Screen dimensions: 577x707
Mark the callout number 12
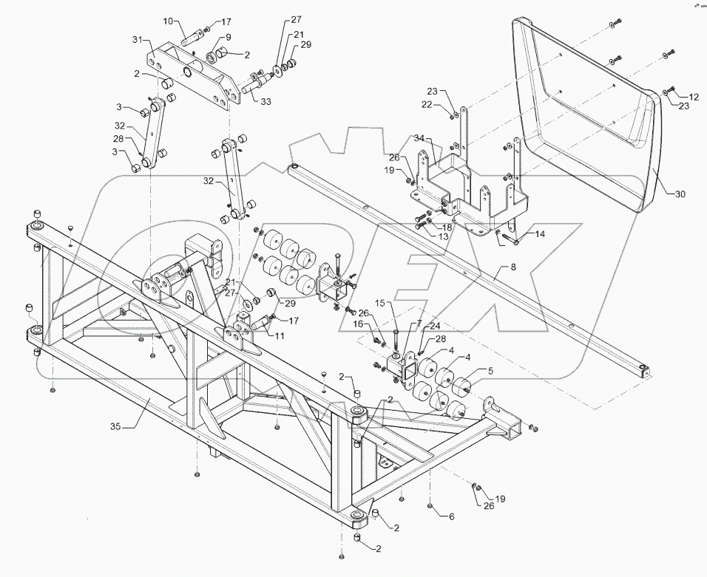click(694, 97)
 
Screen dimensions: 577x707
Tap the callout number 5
click(489, 372)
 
